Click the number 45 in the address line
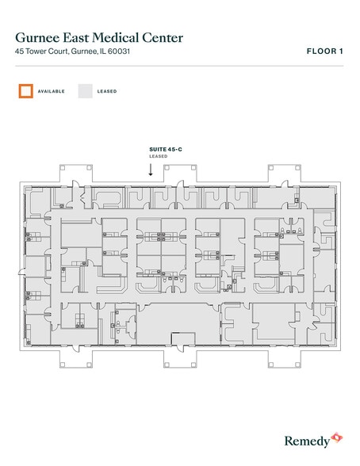pyautogui.click(x=19, y=52)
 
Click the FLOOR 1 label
pyautogui.click(x=324, y=52)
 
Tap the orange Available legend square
pyautogui.click(x=25, y=91)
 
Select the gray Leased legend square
pyautogui.click(x=85, y=91)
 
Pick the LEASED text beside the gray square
pyautogui.click(x=107, y=92)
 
